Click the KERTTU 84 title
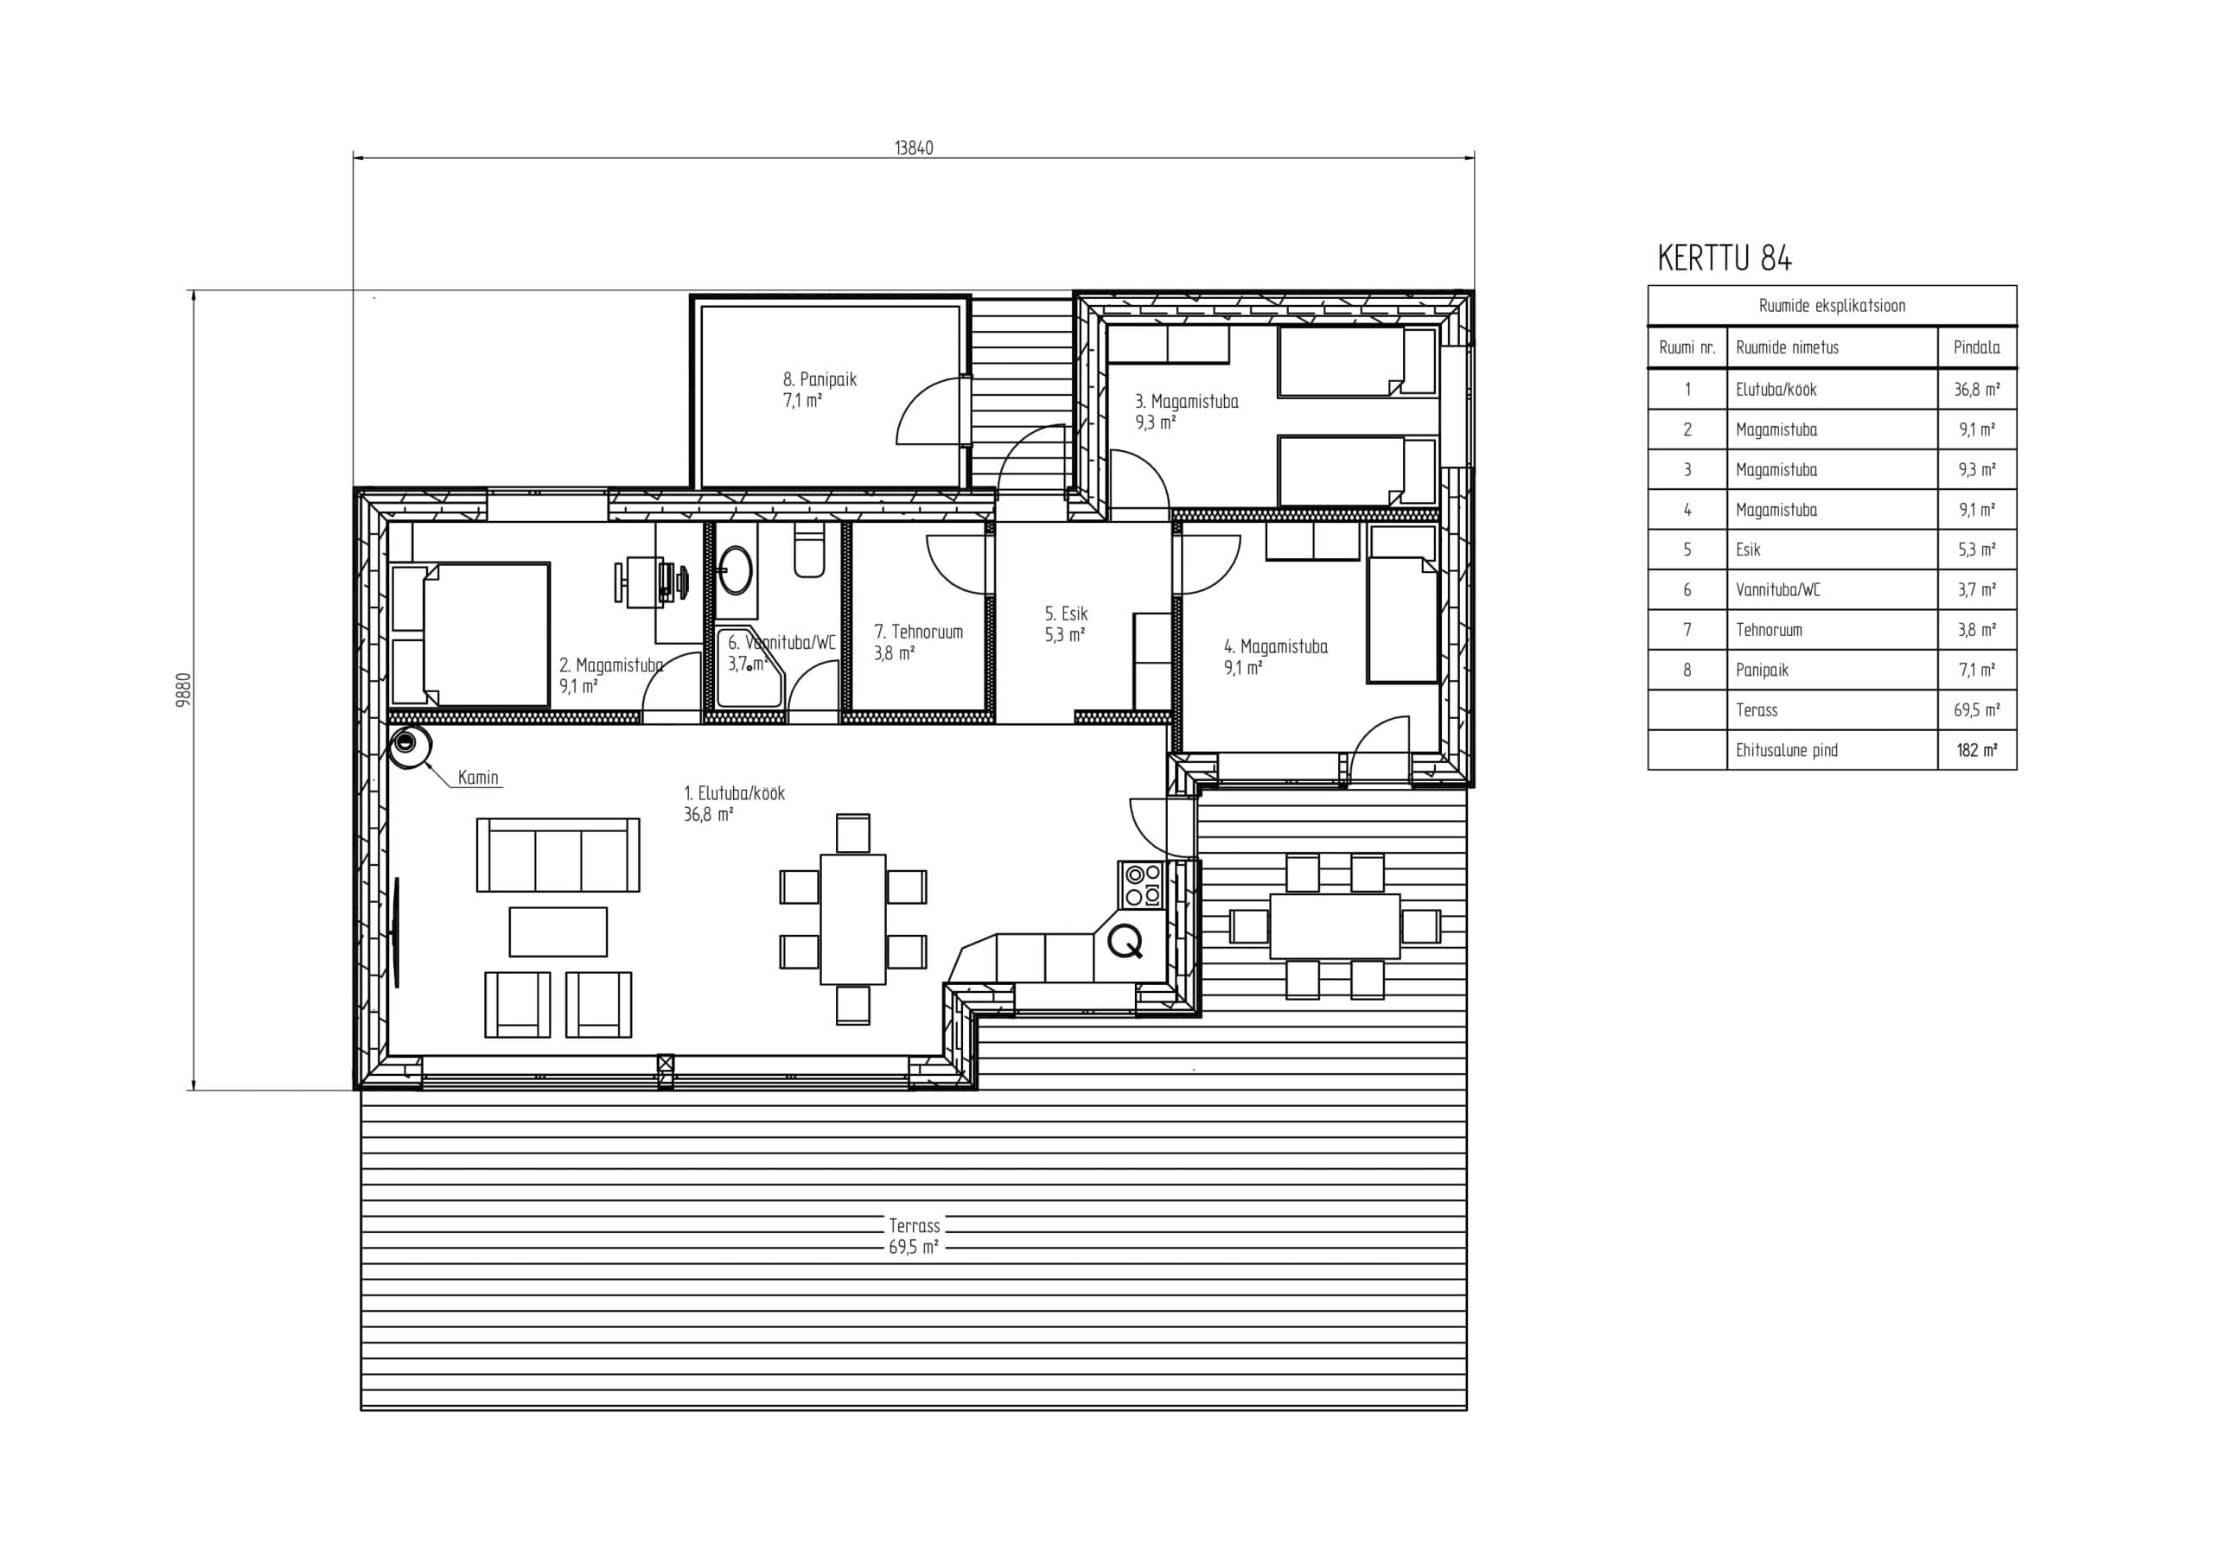1725,258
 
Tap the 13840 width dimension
914,149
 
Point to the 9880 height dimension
183,690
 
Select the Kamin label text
478,778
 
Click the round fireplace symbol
411,745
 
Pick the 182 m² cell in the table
1977,750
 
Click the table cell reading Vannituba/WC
1778,590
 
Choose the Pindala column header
1977,348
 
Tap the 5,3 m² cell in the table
1977,550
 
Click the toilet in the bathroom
810,552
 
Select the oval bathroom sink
737,569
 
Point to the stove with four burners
1143,885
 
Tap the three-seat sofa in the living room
558,855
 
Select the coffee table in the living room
558,931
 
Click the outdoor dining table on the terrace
1335,926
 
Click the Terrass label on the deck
914,1226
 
